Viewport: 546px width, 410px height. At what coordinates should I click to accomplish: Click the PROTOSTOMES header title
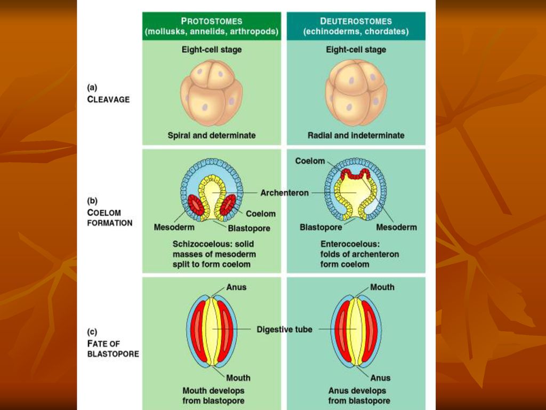coord(212,21)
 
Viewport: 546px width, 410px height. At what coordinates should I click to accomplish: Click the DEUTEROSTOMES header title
coord(356,21)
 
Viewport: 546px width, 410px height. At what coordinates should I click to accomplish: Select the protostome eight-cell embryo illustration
coord(211,92)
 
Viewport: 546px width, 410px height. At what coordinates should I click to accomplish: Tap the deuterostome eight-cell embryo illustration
coord(356,92)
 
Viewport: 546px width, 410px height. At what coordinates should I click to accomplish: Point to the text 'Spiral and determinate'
coord(211,136)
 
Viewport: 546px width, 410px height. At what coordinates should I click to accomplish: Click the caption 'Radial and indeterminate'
coord(356,136)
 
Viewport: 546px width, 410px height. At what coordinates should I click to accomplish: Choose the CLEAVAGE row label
coord(108,99)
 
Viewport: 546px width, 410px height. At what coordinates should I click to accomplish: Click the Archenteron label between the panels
coord(284,193)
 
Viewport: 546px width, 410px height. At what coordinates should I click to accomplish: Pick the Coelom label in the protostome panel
coord(261,214)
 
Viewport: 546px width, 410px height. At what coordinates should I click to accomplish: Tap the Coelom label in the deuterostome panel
coord(310,161)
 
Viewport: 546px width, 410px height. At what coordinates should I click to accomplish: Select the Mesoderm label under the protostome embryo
coord(174,227)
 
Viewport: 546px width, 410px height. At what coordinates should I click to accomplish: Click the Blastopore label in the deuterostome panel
coord(320,227)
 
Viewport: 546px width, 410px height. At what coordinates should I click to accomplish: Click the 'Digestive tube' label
coord(284,329)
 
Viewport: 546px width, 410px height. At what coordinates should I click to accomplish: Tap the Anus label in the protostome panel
coord(236,287)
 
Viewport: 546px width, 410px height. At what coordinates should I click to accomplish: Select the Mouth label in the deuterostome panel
coord(382,287)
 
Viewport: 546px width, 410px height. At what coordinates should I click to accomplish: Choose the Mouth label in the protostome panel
coord(238,378)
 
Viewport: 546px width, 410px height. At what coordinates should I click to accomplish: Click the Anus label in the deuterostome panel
coord(381,378)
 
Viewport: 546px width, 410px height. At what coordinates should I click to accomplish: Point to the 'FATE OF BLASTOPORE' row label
coord(113,349)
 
